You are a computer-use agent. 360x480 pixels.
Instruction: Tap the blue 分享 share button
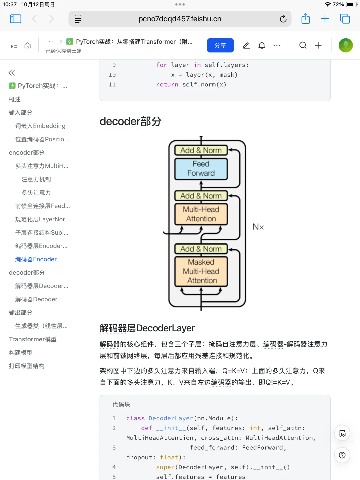coord(220,45)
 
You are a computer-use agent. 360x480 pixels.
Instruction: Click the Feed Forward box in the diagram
coord(201,169)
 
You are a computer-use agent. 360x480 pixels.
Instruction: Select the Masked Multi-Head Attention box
coord(201,271)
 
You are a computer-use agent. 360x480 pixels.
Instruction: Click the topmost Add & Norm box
coord(201,150)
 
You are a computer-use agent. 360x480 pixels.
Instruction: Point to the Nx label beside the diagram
coord(258,227)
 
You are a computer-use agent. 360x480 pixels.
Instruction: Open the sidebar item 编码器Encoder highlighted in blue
coord(36,259)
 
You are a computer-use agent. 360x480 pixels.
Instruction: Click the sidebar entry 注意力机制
coord(36,179)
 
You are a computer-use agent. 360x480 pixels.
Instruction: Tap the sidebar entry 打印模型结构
coord(27,366)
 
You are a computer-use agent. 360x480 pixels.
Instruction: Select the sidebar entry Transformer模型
coord(33,339)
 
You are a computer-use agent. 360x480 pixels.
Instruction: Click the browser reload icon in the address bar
coord(283,19)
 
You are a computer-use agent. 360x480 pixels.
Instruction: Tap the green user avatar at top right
coord(345,45)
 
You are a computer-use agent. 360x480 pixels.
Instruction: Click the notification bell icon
coord(262,45)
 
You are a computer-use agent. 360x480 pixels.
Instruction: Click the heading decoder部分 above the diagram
coord(130,122)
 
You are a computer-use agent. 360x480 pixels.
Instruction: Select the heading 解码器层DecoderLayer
coord(147,328)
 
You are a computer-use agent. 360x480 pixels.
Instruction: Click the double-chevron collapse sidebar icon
coord(12,73)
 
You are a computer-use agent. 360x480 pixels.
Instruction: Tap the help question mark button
coord(342,455)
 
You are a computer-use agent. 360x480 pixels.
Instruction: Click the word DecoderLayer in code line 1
coord(171,418)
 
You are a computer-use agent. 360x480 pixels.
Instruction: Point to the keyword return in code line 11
coord(167,85)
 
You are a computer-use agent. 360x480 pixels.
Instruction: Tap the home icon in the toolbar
coord(28,45)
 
